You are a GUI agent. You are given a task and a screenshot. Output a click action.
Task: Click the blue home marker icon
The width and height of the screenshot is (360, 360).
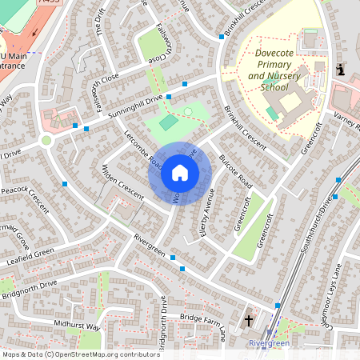(x=180, y=172)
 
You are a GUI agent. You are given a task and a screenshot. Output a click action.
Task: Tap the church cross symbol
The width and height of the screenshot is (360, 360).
(x=249, y=320)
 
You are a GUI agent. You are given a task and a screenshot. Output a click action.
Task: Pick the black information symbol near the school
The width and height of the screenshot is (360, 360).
(x=342, y=70)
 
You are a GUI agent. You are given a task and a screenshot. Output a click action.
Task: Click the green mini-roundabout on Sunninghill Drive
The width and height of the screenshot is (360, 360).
(x=46, y=141)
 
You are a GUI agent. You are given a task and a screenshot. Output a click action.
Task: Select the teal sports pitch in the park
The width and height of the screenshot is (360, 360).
(x=168, y=122)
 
